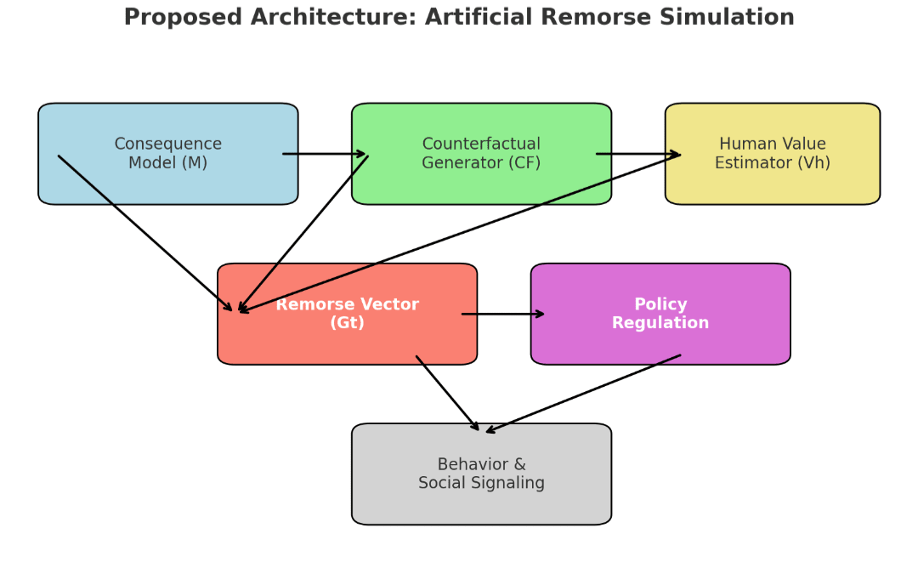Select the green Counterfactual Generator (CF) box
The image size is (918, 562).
[481, 183]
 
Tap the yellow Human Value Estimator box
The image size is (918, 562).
[772, 183]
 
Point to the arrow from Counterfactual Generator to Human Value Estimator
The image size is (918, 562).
[637, 154]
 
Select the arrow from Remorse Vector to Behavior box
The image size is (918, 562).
[448, 394]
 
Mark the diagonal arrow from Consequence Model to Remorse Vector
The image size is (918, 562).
[144, 233]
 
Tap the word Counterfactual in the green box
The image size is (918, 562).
[481, 145]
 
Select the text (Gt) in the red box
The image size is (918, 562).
[347, 323]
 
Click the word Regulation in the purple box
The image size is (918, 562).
[660, 323]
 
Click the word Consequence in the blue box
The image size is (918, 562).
[168, 145]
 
